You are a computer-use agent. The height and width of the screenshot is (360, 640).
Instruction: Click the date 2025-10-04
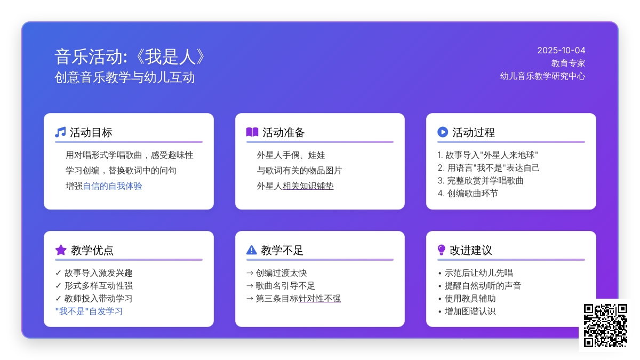tap(561, 51)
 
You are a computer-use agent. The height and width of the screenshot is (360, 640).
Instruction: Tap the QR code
tap(605, 325)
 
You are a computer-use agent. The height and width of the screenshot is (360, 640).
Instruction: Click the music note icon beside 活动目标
tap(60, 132)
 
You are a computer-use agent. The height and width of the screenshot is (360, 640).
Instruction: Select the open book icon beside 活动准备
tap(252, 132)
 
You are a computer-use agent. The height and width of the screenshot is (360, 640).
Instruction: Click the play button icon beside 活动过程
tap(443, 132)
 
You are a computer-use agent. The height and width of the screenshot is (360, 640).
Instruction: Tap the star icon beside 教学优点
tap(61, 250)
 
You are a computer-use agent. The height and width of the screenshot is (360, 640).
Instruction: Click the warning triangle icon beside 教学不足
tap(251, 250)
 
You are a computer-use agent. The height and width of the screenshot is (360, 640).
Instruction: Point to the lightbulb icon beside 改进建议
tap(441, 250)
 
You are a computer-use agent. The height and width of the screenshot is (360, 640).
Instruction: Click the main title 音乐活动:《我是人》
tap(130, 57)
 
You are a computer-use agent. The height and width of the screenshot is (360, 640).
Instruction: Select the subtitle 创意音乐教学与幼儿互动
tap(125, 77)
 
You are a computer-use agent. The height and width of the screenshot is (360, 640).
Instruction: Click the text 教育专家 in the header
tap(568, 63)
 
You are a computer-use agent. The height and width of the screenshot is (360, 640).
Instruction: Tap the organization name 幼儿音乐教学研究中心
tap(542, 76)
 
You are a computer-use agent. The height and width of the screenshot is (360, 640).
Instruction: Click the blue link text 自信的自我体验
tap(113, 186)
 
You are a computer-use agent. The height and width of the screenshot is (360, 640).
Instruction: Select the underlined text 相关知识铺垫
tap(308, 186)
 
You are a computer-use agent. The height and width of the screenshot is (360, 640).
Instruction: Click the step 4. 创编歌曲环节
tap(468, 194)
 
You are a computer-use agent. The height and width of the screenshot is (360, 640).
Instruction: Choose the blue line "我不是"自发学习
tap(89, 311)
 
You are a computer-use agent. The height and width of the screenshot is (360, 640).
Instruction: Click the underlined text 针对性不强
tap(319, 299)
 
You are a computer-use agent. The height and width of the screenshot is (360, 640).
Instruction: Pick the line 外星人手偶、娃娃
tap(291, 155)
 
